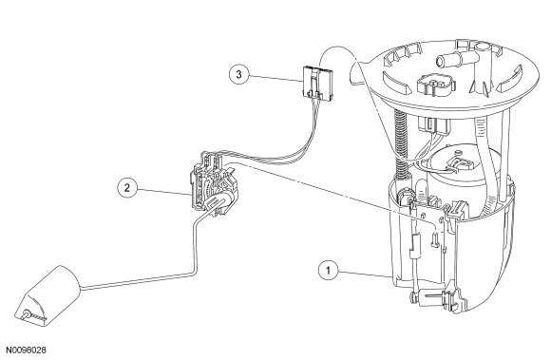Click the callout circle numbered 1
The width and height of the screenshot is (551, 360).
pyautogui.click(x=328, y=271)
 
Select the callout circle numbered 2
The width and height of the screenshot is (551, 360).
pyautogui.click(x=127, y=187)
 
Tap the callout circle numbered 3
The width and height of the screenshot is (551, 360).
pyautogui.click(x=239, y=74)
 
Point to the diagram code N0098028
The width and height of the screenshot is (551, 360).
pyautogui.click(x=27, y=351)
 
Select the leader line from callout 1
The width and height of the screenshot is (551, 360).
pyautogui.click(x=365, y=274)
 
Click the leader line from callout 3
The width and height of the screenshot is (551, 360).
pyautogui.click(x=275, y=78)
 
